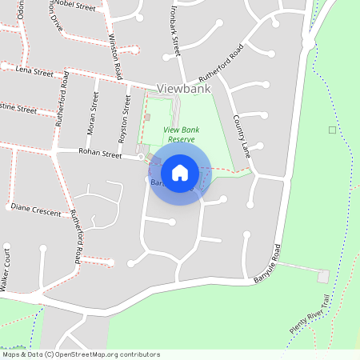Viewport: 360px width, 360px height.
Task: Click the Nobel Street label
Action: coord(74,7)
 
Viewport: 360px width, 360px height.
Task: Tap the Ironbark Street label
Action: coord(173,27)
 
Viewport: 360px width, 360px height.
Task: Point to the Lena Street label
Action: coord(34,72)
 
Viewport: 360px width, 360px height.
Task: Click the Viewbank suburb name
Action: coord(183,89)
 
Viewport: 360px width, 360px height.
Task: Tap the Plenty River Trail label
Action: coord(311,315)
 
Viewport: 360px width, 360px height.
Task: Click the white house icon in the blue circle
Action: coord(180,173)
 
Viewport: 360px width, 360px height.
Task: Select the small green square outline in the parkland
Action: coord(332,130)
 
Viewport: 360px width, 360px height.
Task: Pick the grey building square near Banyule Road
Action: coord(323,276)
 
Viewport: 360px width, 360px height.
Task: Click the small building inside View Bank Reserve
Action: coord(147,117)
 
